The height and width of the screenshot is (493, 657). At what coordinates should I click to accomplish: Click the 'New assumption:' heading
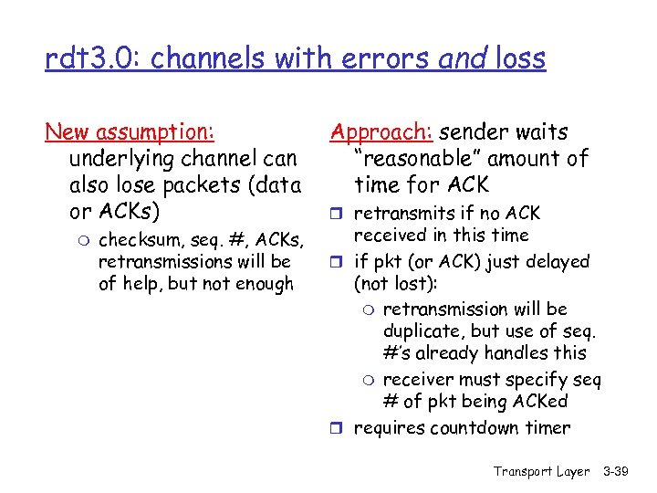130,133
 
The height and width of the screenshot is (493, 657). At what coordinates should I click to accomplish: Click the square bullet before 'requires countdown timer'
337,428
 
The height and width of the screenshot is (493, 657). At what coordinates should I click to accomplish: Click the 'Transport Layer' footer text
541,471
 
